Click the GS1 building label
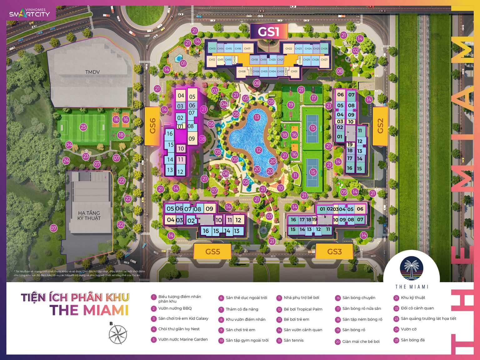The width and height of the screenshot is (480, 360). coord(268,32)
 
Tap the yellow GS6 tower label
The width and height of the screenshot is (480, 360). coord(152,126)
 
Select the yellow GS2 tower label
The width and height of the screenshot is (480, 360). coord(380,126)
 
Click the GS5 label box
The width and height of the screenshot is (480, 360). coord(212,252)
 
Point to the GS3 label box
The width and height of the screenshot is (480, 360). coord(334,252)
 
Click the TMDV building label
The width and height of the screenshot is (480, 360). coord(92,72)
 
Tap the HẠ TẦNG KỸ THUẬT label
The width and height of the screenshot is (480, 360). coord(89,215)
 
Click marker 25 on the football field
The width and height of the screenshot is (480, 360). coord(83,127)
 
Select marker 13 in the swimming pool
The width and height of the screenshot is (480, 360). coord(257,117)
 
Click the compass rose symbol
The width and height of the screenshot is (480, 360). coord(118,334)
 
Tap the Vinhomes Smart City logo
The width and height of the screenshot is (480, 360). coord(30,13)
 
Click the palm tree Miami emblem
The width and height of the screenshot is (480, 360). coord(412,268)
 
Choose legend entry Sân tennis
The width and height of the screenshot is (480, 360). coord(293,340)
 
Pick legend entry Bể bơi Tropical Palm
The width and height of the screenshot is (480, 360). coord(303,309)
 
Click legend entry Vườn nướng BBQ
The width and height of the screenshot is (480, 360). coord(175,308)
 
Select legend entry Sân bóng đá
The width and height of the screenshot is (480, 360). coord(412,340)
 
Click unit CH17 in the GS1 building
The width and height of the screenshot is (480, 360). coord(247,48)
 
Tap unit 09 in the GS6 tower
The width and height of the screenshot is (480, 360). coord(192,139)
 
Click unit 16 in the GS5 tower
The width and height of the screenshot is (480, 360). coord(206,231)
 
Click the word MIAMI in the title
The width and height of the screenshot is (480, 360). coord(106,310)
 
